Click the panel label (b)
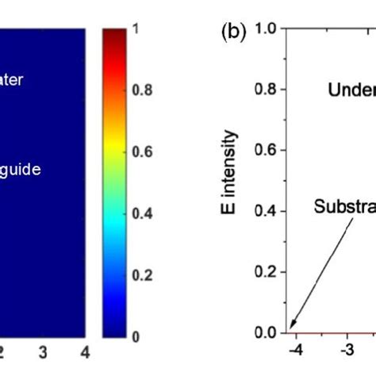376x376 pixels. [x=236, y=33]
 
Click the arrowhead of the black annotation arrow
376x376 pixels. [x=291, y=326]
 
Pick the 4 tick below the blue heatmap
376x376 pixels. [x=82, y=351]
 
